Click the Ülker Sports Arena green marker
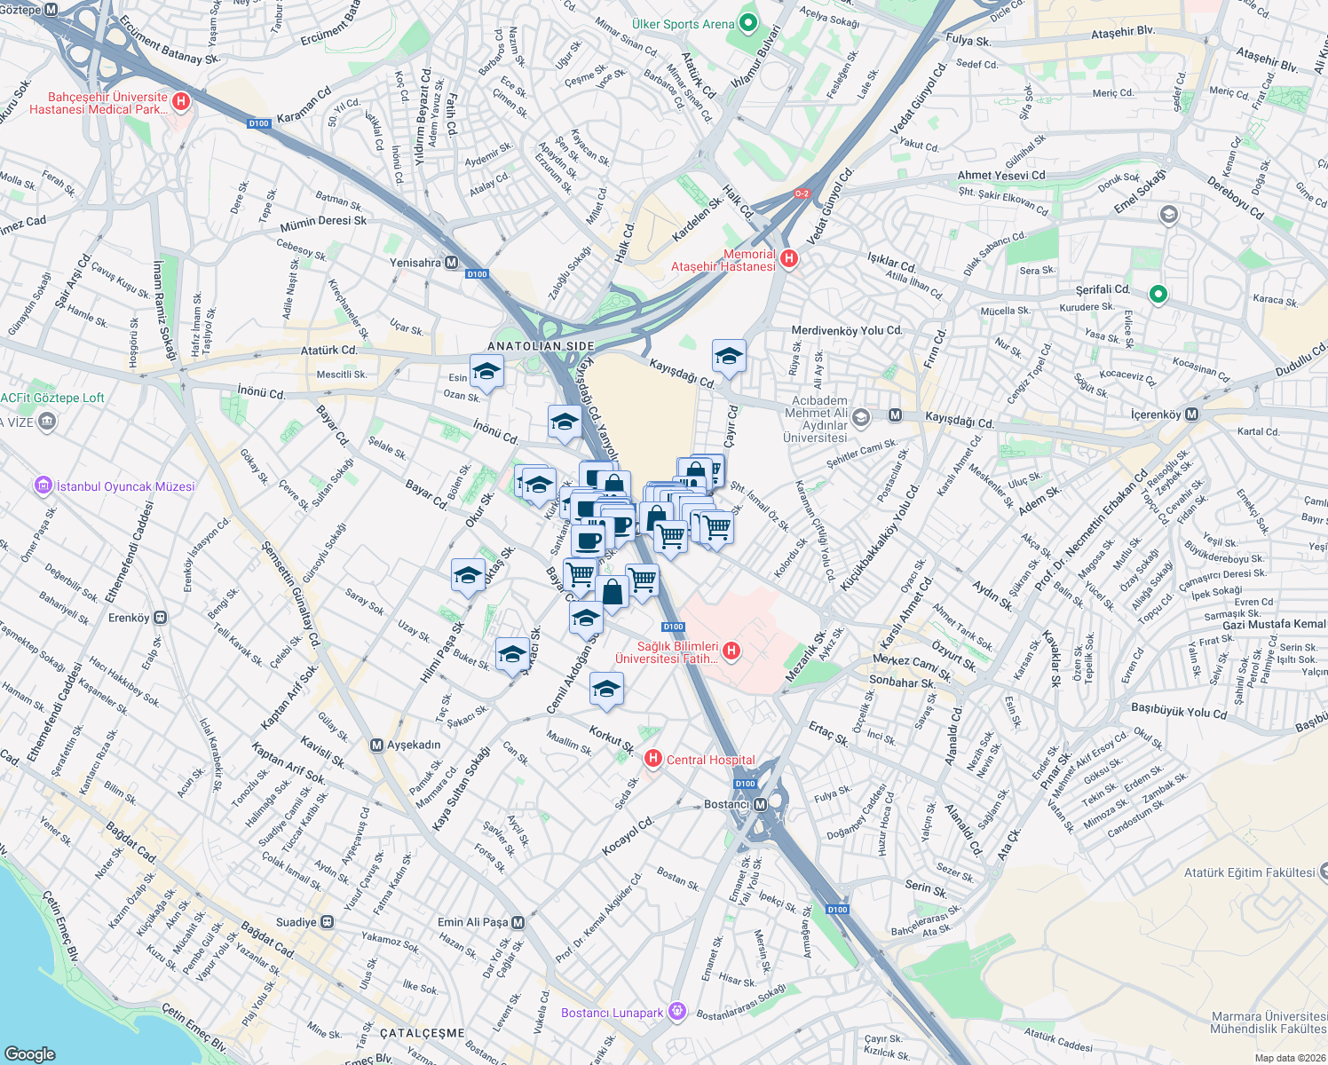click(x=747, y=23)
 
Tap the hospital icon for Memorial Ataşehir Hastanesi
click(x=787, y=259)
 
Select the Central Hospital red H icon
click(x=653, y=759)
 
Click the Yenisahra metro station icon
click(x=452, y=263)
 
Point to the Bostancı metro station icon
click(x=761, y=804)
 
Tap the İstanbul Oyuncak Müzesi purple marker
click(x=43, y=485)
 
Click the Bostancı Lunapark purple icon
click(x=677, y=1012)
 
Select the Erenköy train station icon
click(x=161, y=618)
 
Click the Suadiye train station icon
click(x=328, y=922)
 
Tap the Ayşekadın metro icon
click(x=377, y=745)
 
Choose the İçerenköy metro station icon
click(x=1191, y=414)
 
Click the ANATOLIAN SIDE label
click(x=541, y=346)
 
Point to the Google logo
click(x=30, y=1053)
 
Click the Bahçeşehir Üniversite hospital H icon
click(x=181, y=102)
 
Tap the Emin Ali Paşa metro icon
click(x=518, y=922)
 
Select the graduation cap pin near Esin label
click(x=486, y=372)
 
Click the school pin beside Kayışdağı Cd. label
click(x=729, y=357)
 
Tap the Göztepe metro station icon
click(x=51, y=10)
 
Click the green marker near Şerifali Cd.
click(x=1158, y=294)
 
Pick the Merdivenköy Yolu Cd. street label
click(x=846, y=330)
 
